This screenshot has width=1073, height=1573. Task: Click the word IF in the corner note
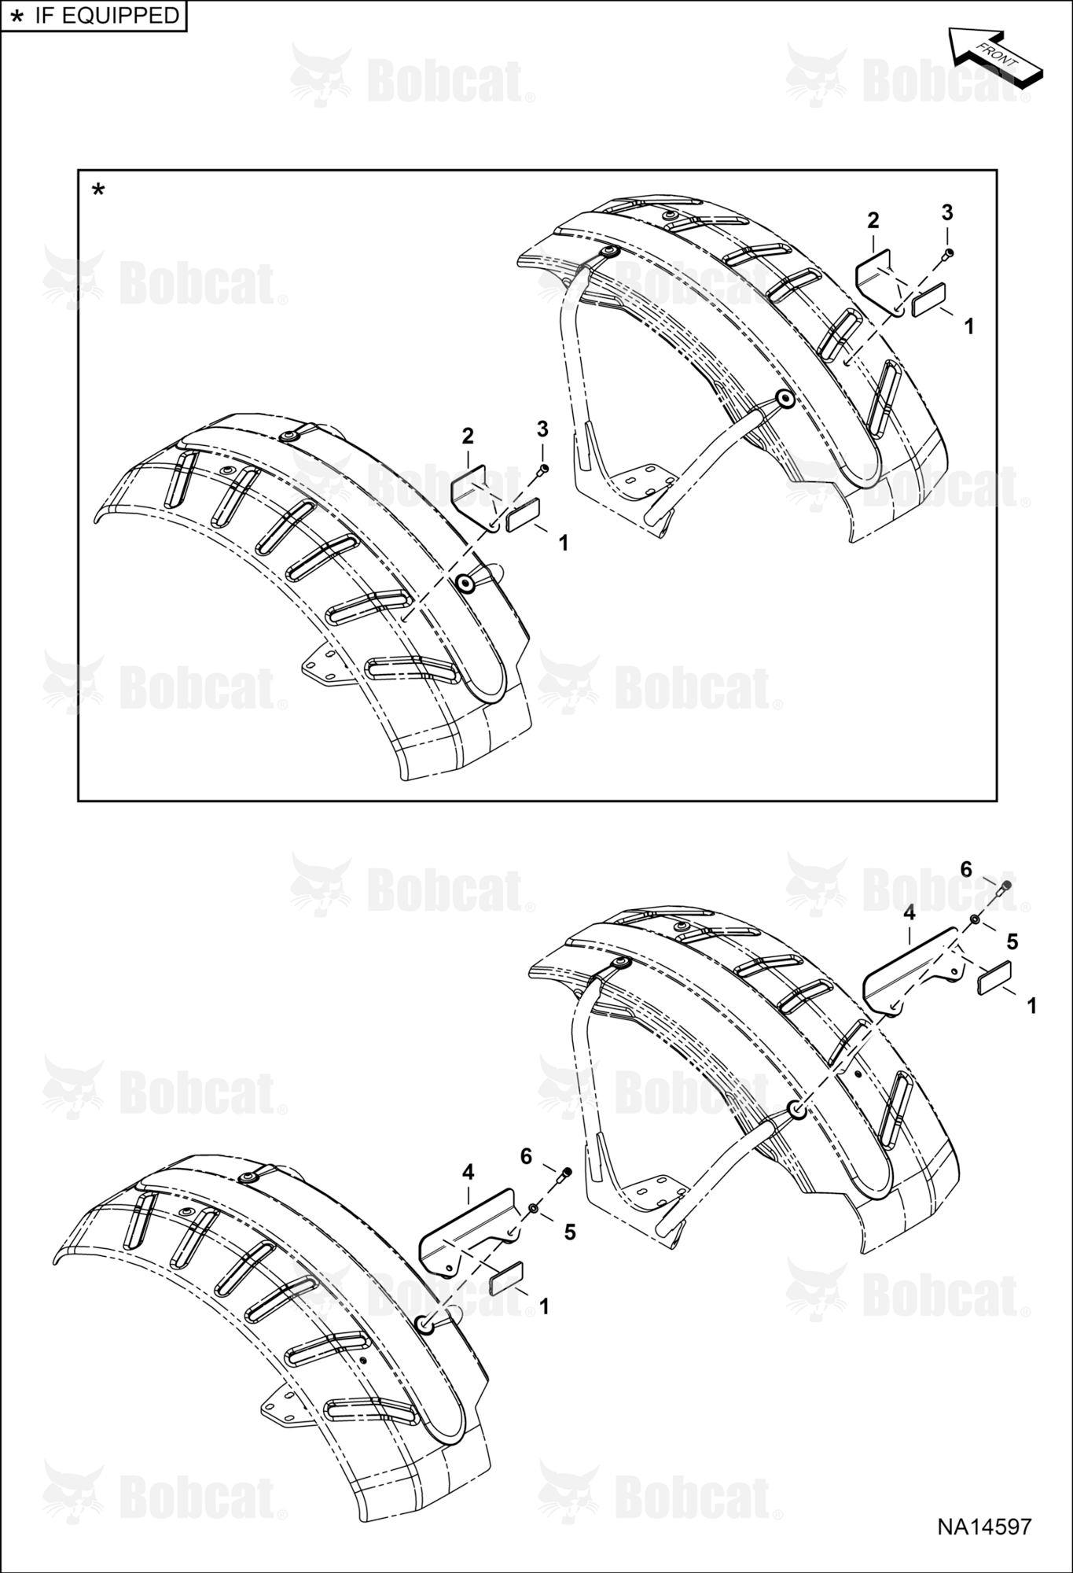click(x=44, y=15)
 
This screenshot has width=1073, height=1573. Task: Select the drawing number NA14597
click(x=983, y=1527)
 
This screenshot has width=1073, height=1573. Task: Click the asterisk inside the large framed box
click(x=98, y=190)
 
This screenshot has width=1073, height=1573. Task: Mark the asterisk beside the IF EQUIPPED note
click(x=15, y=17)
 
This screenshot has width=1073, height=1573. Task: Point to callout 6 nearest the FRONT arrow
click(x=966, y=869)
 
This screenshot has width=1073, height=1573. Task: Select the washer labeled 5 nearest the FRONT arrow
click(x=975, y=920)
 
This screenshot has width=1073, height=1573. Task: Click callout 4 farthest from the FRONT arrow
click(x=469, y=1173)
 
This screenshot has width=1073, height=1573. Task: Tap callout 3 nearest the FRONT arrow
click(x=947, y=212)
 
